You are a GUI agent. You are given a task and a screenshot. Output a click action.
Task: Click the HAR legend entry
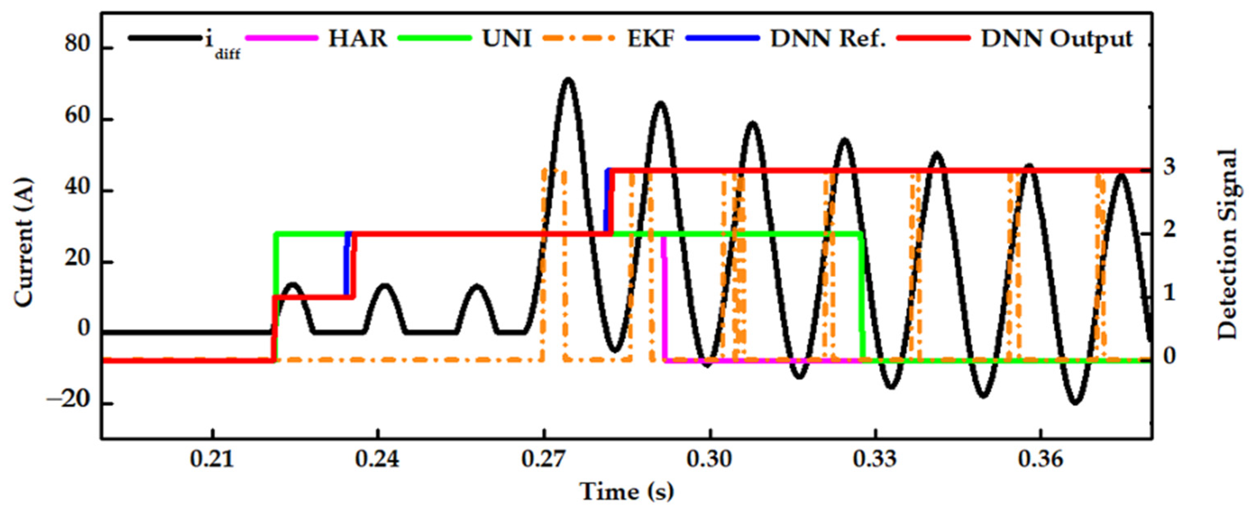point(357,38)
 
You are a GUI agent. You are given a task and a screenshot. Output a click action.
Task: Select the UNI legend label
point(506,38)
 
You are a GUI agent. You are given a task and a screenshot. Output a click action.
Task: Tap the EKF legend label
point(650,38)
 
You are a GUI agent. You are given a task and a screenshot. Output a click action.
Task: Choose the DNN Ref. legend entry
point(827,38)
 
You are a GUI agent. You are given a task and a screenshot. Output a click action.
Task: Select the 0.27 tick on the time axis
point(544,460)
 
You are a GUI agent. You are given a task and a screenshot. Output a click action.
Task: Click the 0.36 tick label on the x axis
point(1041,460)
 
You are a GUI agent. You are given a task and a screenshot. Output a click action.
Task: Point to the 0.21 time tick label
point(212,460)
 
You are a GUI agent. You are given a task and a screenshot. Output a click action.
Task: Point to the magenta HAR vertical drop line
point(664,297)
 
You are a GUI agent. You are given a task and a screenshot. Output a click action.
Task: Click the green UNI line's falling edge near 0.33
point(862,297)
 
